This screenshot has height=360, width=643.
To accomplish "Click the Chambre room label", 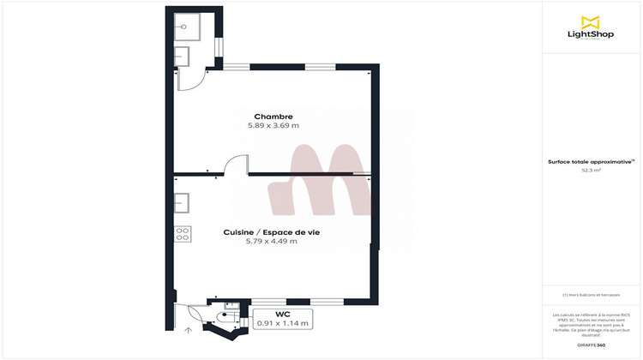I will click(x=273, y=117).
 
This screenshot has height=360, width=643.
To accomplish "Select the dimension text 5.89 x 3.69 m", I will click(x=273, y=126).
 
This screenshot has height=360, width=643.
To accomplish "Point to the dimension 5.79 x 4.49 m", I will click(x=272, y=242).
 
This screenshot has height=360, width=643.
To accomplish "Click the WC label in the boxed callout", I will click(x=283, y=314).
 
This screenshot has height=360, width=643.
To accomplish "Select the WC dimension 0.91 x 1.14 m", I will click(x=283, y=323).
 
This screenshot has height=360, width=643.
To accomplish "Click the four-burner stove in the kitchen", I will click(x=183, y=231).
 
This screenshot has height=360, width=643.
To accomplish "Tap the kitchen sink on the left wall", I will click(x=183, y=204).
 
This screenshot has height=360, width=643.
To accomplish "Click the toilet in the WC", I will click(x=227, y=315).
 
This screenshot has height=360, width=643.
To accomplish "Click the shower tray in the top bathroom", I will click(x=188, y=28).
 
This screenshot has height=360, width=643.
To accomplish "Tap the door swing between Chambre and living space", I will click(x=234, y=165).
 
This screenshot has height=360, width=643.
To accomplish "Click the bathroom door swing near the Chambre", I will click(x=190, y=79).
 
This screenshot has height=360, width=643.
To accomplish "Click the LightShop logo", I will click(x=588, y=28).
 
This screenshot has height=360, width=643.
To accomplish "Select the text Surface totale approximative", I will click(x=590, y=161).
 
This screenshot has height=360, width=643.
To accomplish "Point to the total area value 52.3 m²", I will click(x=591, y=171).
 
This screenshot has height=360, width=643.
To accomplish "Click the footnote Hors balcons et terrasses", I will click(x=591, y=295).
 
